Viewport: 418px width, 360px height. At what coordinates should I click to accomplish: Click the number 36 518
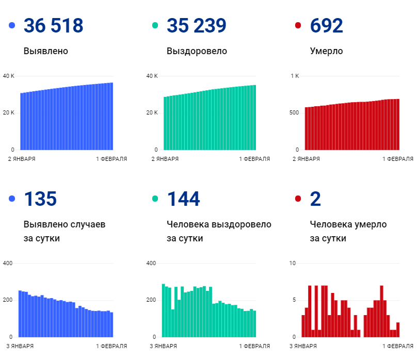53,26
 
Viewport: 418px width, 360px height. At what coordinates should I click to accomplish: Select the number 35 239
197,26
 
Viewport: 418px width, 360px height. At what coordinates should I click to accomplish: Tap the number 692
326,26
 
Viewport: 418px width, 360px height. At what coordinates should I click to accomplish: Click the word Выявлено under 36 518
46,51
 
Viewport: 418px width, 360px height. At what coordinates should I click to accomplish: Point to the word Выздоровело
197,51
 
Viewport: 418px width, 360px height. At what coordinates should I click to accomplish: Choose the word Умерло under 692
326,51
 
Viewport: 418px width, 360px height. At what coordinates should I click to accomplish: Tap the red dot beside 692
298,26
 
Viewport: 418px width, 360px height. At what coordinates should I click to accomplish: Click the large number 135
40,199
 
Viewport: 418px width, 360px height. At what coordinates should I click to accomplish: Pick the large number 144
183,199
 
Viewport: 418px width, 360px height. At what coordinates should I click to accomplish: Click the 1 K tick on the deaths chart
295,76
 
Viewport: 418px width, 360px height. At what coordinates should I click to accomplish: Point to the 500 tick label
294,112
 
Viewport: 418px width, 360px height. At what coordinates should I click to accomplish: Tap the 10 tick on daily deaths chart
293,264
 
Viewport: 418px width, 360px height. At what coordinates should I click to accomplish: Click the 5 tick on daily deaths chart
294,300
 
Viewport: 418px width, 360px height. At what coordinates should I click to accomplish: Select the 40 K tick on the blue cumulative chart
9,76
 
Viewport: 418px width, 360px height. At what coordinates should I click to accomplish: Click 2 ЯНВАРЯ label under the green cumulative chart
165,159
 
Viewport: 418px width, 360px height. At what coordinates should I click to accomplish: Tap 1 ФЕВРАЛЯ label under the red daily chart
398,346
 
